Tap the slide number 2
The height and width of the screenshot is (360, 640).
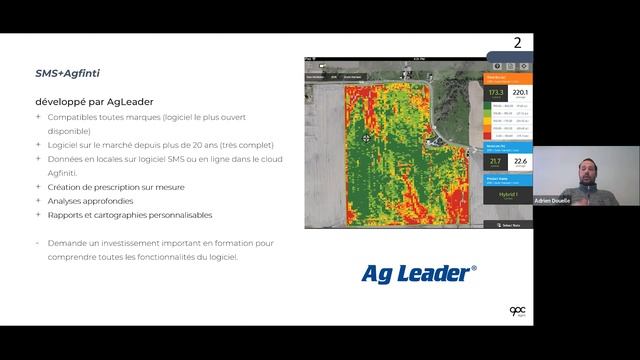(x=517, y=43)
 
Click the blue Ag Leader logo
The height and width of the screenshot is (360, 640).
(x=418, y=272)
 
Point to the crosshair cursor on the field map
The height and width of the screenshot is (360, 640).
(x=366, y=138)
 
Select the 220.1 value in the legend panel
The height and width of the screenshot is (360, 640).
(x=521, y=94)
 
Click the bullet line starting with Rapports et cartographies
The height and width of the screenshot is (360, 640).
(x=130, y=214)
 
